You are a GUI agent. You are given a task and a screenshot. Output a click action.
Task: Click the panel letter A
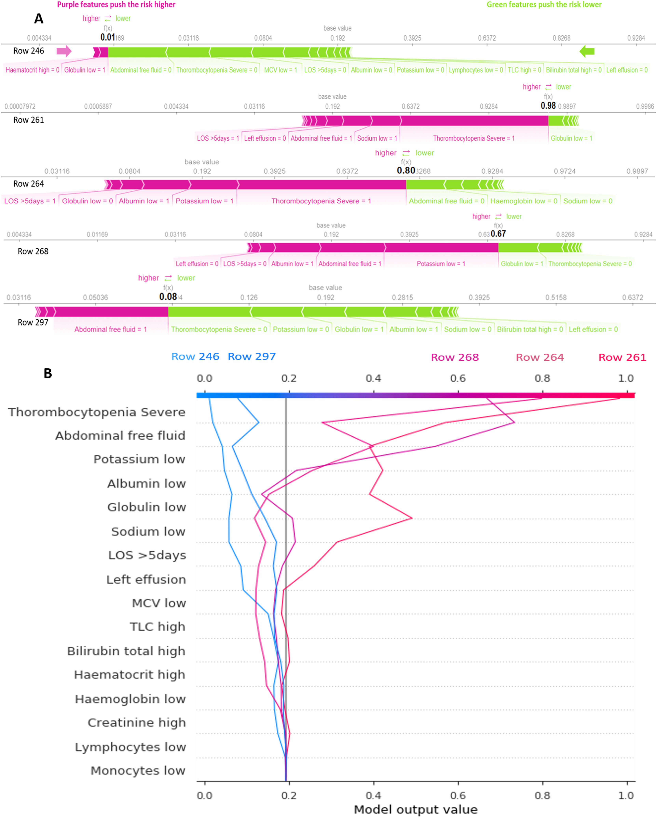coord(39,19)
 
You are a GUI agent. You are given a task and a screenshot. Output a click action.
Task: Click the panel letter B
coord(48,373)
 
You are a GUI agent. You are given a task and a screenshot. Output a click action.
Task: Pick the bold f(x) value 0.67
coord(498,234)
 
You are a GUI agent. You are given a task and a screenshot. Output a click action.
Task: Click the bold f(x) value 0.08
coord(168,297)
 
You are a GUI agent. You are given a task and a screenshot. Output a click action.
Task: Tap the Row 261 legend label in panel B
coord(622,357)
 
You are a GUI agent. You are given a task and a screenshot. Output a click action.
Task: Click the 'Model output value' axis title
coord(416,809)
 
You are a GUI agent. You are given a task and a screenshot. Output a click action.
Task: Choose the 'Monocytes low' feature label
coord(138,771)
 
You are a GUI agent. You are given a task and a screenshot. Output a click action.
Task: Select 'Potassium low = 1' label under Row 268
coord(441,264)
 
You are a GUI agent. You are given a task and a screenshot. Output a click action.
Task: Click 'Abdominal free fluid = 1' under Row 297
coord(110,329)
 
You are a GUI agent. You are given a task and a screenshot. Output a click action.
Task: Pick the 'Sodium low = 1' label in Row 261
coord(377,139)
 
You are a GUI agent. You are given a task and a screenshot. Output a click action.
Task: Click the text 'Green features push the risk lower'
coord(544,5)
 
